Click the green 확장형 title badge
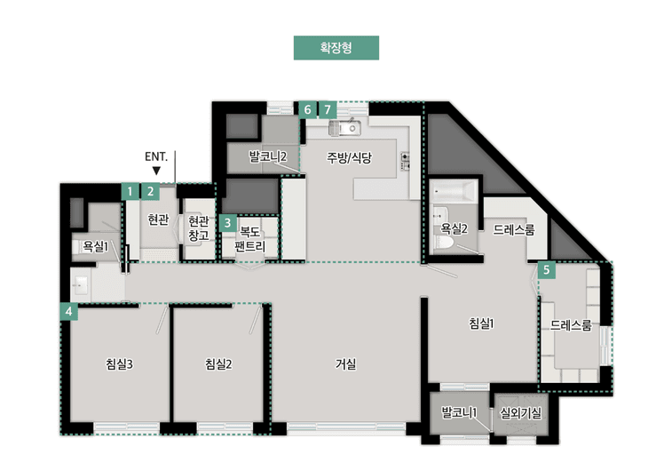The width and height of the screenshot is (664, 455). coord(336,47)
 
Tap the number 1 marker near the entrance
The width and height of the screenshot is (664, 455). coord(130,190)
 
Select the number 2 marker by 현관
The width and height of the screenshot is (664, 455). coord(151,190)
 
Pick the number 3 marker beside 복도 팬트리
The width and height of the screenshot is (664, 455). coord(228,222)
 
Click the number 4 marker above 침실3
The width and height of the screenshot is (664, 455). coord(68,311)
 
